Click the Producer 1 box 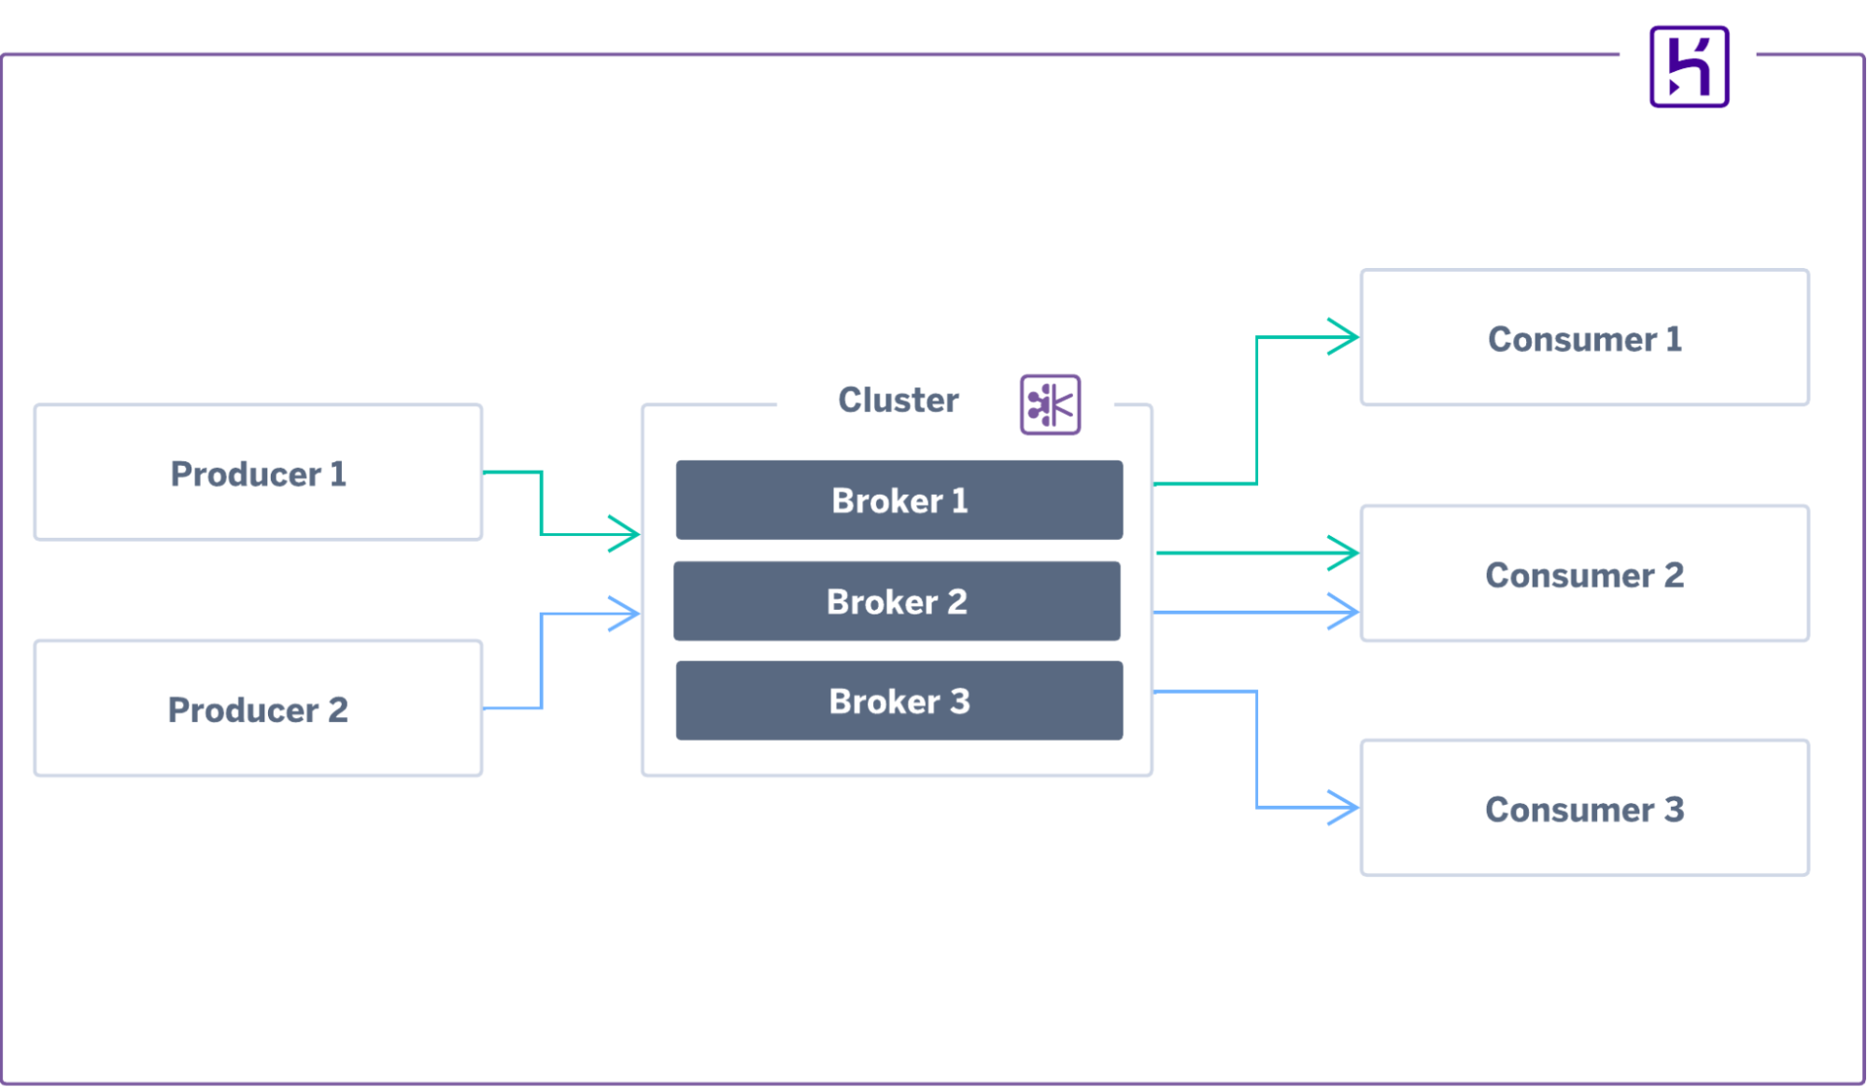[x=258, y=473]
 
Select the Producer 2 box [x=258, y=709]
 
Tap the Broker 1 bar [x=898, y=501]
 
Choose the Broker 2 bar [x=897, y=601]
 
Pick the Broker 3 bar [x=898, y=701]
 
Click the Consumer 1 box [x=1584, y=338]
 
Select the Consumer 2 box [x=1584, y=574]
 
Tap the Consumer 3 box [x=1584, y=809]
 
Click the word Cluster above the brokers [x=898, y=400]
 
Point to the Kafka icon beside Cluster [x=1050, y=404]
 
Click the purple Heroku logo [x=1689, y=67]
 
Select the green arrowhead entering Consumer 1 [x=1346, y=336]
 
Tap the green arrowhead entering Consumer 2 [x=1346, y=553]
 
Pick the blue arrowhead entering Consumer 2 [x=1346, y=612]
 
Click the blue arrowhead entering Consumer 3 [x=1346, y=807]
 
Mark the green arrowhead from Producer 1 [x=627, y=534]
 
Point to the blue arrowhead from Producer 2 [x=627, y=614]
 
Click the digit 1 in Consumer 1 [x=1673, y=339]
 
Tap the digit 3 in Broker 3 [x=960, y=701]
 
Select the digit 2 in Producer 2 [x=337, y=710]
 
